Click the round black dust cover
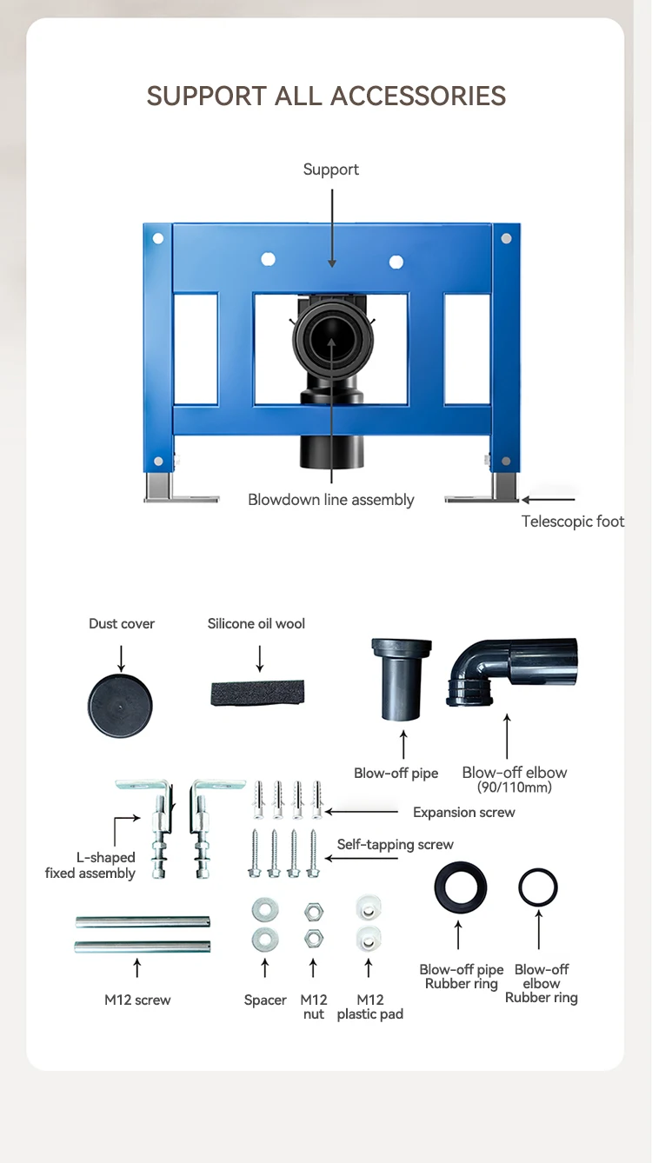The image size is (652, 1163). point(120,706)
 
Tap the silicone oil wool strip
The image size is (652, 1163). point(257,692)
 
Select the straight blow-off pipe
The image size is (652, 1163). point(402,679)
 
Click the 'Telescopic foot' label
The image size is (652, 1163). point(573,522)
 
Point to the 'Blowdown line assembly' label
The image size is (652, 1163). point(330,500)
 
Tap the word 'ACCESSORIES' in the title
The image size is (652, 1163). point(418,96)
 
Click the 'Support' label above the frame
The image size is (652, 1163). point(330,169)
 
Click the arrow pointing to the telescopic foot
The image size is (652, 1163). point(549,500)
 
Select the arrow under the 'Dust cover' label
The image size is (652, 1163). point(121,659)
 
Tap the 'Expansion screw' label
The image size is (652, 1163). point(464,812)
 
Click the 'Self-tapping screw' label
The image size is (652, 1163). point(395,845)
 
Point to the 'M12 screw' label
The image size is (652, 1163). point(137,1000)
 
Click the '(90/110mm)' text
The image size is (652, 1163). point(515,788)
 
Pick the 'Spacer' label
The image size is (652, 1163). point(265,1000)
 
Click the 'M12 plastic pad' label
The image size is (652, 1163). point(370,1007)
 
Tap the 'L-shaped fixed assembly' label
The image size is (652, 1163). point(90,865)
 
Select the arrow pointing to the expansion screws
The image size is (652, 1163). point(362,812)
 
